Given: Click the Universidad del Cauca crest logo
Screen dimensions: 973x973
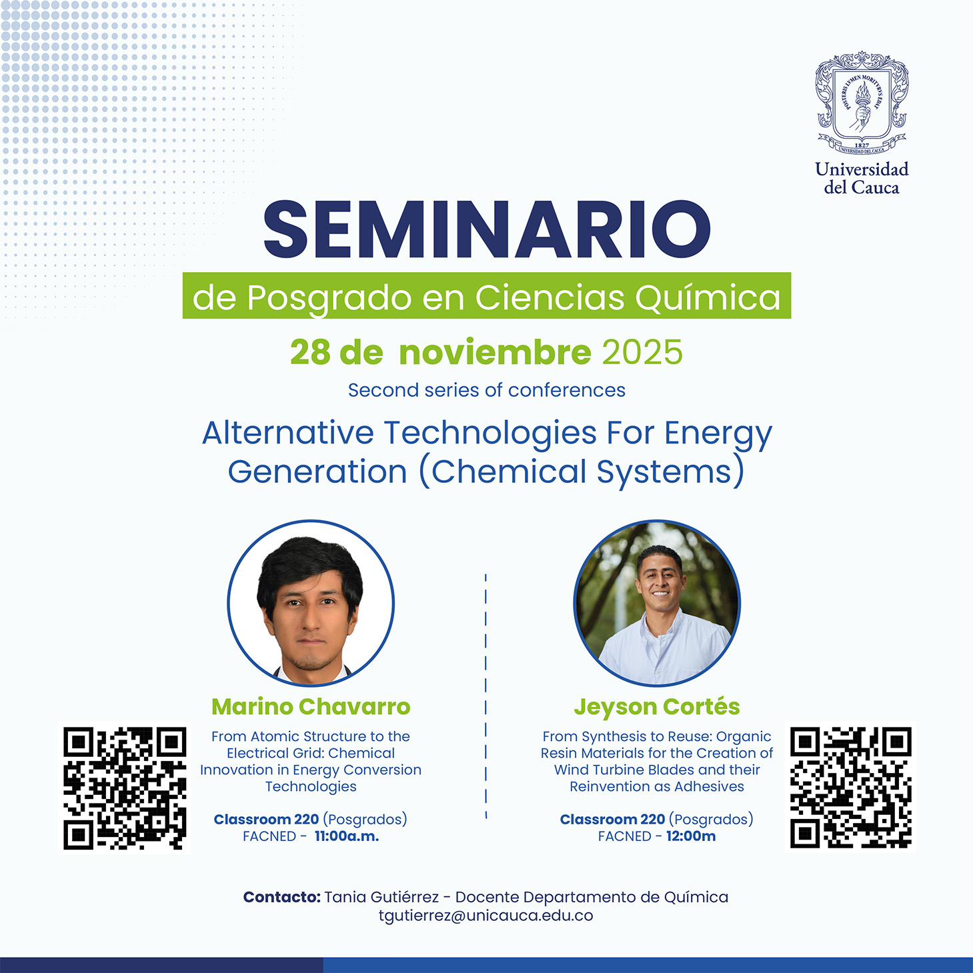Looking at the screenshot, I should [861, 103].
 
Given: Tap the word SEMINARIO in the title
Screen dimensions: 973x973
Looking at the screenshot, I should [487, 229].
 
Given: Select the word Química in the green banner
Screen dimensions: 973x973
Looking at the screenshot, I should [708, 297].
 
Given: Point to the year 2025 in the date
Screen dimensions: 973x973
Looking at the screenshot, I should [642, 352].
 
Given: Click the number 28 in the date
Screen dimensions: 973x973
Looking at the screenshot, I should [310, 352].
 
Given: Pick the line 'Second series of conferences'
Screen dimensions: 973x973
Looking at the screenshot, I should [487, 390].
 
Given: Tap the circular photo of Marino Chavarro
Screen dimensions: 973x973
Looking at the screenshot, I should [311, 604].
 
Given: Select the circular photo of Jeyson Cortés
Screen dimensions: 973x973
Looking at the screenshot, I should [657, 604].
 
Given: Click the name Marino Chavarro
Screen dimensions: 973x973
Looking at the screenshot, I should [311, 706].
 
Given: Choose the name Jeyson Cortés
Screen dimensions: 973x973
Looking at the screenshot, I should [657, 706].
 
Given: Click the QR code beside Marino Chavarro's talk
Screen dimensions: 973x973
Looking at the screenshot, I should [125, 788].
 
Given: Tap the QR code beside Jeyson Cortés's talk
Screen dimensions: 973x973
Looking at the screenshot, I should [850, 788].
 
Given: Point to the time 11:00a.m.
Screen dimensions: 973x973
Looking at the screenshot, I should [347, 836].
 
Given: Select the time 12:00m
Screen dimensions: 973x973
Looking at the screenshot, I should [691, 836].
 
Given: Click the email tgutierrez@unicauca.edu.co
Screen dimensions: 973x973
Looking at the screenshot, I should [486, 916].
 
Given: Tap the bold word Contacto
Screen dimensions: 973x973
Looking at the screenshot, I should [282, 897].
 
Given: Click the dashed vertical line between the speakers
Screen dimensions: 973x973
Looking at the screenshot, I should [486, 694].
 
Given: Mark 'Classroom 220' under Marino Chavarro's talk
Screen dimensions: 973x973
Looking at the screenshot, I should [266, 819].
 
